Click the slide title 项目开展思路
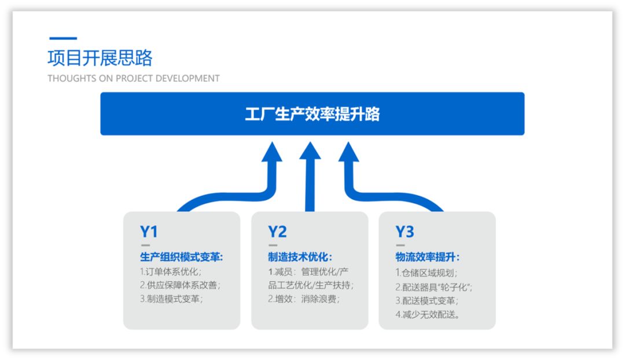tap(100, 58)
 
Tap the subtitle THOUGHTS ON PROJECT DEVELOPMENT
tap(134, 78)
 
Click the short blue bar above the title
tap(63, 39)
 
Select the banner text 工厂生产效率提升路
tap(312, 114)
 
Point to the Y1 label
tap(149, 232)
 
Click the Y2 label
tap(277, 232)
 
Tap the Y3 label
tap(405, 232)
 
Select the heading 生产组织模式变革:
tap(182, 257)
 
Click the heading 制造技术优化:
tap(300, 257)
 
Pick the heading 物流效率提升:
tap(428, 257)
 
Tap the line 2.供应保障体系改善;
tap(180, 285)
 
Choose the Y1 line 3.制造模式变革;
tap(171, 300)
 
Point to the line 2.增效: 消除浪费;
tap(303, 300)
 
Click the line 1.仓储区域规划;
tap(427, 272)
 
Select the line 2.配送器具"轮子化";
tap(434, 286)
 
